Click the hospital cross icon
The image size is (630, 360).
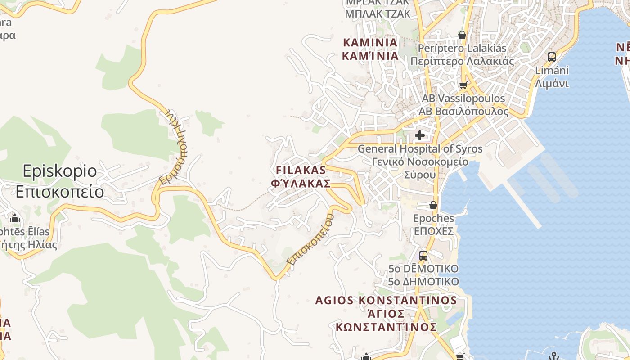click(x=420, y=135)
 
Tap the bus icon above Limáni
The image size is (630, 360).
click(x=552, y=57)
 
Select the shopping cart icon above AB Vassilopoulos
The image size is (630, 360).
click(x=463, y=85)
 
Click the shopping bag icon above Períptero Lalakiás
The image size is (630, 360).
click(x=462, y=35)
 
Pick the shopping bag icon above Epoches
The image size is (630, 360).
click(x=433, y=205)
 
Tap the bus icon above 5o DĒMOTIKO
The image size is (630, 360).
click(x=423, y=256)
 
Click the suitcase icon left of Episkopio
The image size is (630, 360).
click(x=15, y=219)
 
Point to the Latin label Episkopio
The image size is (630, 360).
click(x=59, y=171)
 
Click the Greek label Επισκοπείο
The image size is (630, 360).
click(x=59, y=192)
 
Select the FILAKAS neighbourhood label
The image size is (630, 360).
click(x=300, y=171)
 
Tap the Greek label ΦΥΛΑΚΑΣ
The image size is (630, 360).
click(x=300, y=184)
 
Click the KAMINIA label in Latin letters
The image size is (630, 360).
click(x=370, y=43)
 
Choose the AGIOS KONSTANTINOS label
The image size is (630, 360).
click(x=386, y=301)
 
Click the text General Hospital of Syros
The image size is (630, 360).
click(x=420, y=149)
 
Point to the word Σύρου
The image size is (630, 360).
click(x=419, y=175)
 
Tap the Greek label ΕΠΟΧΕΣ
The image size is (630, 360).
click(x=434, y=231)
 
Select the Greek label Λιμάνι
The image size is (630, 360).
click(x=552, y=83)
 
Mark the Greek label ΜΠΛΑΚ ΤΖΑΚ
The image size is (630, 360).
click(x=378, y=14)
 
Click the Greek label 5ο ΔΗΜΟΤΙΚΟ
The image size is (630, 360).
click(x=423, y=282)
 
